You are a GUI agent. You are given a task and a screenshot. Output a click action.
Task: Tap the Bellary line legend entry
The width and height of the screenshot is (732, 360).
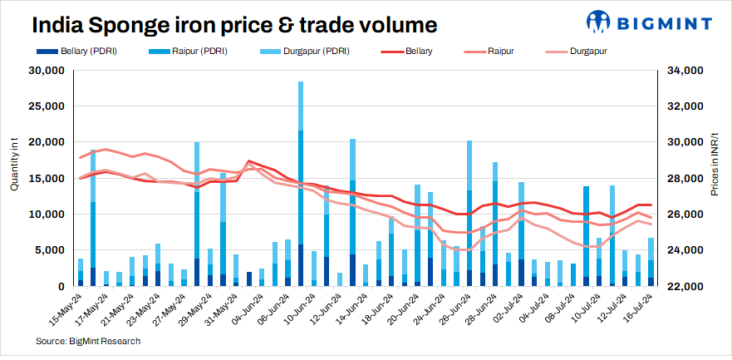(408, 51)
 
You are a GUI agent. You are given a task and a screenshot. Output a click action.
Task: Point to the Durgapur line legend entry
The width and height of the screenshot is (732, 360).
(569, 51)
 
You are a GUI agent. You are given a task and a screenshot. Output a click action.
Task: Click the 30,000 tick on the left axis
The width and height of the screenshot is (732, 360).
(47, 71)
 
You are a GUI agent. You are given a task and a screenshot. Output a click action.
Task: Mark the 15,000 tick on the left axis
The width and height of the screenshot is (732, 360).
(47, 179)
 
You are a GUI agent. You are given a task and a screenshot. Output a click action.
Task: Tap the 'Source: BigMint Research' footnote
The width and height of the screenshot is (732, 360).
(88, 341)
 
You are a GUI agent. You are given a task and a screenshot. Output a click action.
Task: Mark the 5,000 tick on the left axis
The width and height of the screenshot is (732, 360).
(49, 250)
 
